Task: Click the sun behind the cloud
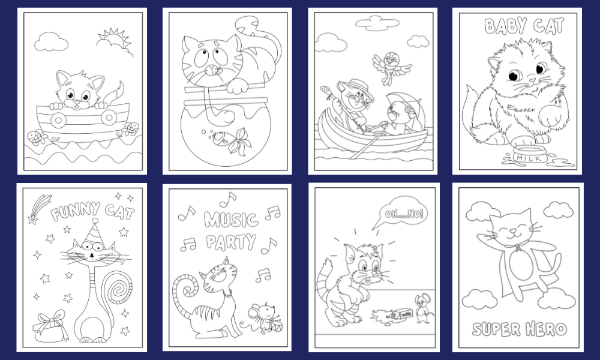115,39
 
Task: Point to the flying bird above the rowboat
392,66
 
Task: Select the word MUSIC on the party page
231,220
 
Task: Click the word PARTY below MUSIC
231,242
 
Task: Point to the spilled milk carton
401,315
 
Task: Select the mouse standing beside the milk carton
423,308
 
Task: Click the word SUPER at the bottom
496,329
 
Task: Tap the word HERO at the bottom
546,329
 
